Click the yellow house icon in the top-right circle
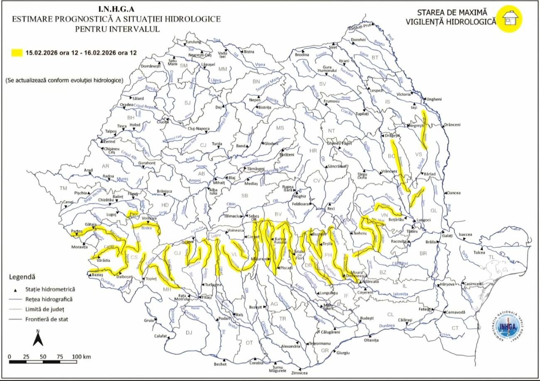click(511, 18)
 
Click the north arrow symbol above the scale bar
click(38, 338)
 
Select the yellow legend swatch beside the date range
click(17, 53)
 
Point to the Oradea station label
click(127, 105)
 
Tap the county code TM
click(63, 188)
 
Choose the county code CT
click(455, 328)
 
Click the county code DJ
click(189, 332)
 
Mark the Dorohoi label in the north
click(358, 40)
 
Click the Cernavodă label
click(456, 312)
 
